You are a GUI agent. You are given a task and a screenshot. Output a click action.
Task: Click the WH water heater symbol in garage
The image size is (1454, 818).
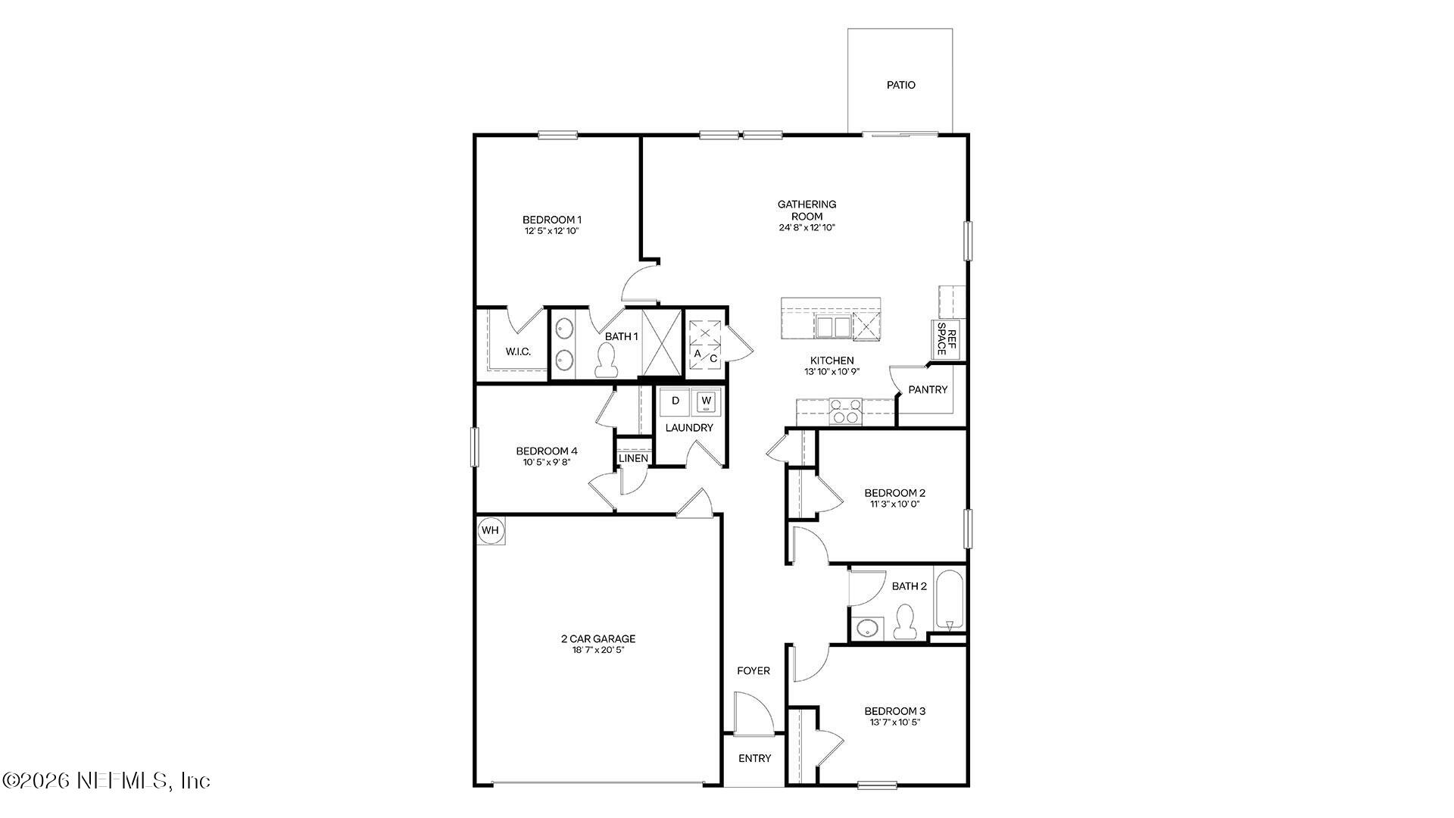click(x=490, y=530)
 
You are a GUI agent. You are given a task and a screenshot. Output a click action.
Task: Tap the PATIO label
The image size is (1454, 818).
click(x=900, y=85)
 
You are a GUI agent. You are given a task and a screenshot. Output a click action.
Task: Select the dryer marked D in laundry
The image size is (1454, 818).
click(x=676, y=401)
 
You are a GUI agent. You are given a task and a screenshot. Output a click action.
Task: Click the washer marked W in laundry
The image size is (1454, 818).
click(x=706, y=401)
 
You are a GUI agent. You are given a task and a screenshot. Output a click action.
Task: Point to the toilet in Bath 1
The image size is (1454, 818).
click(x=606, y=361)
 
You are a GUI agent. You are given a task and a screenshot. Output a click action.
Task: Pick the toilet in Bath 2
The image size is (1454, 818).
click(x=904, y=622)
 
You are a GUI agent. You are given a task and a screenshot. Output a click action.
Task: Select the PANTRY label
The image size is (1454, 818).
click(x=928, y=389)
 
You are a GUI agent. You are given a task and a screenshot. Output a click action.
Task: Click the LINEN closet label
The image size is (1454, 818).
click(x=633, y=458)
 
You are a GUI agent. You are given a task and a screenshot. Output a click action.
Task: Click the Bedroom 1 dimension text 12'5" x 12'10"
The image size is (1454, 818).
click(x=551, y=231)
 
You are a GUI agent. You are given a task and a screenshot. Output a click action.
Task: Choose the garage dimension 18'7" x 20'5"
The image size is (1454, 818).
click(x=598, y=650)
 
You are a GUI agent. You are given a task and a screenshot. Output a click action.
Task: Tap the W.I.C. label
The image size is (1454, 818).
click(x=518, y=351)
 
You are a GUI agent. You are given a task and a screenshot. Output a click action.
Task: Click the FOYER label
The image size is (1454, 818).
click(x=753, y=670)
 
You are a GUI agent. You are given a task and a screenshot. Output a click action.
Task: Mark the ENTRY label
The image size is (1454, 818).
click(x=754, y=758)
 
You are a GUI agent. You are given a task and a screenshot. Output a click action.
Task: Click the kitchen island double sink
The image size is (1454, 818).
click(x=833, y=327)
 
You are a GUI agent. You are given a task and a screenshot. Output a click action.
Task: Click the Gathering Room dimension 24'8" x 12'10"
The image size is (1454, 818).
click(x=807, y=227)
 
